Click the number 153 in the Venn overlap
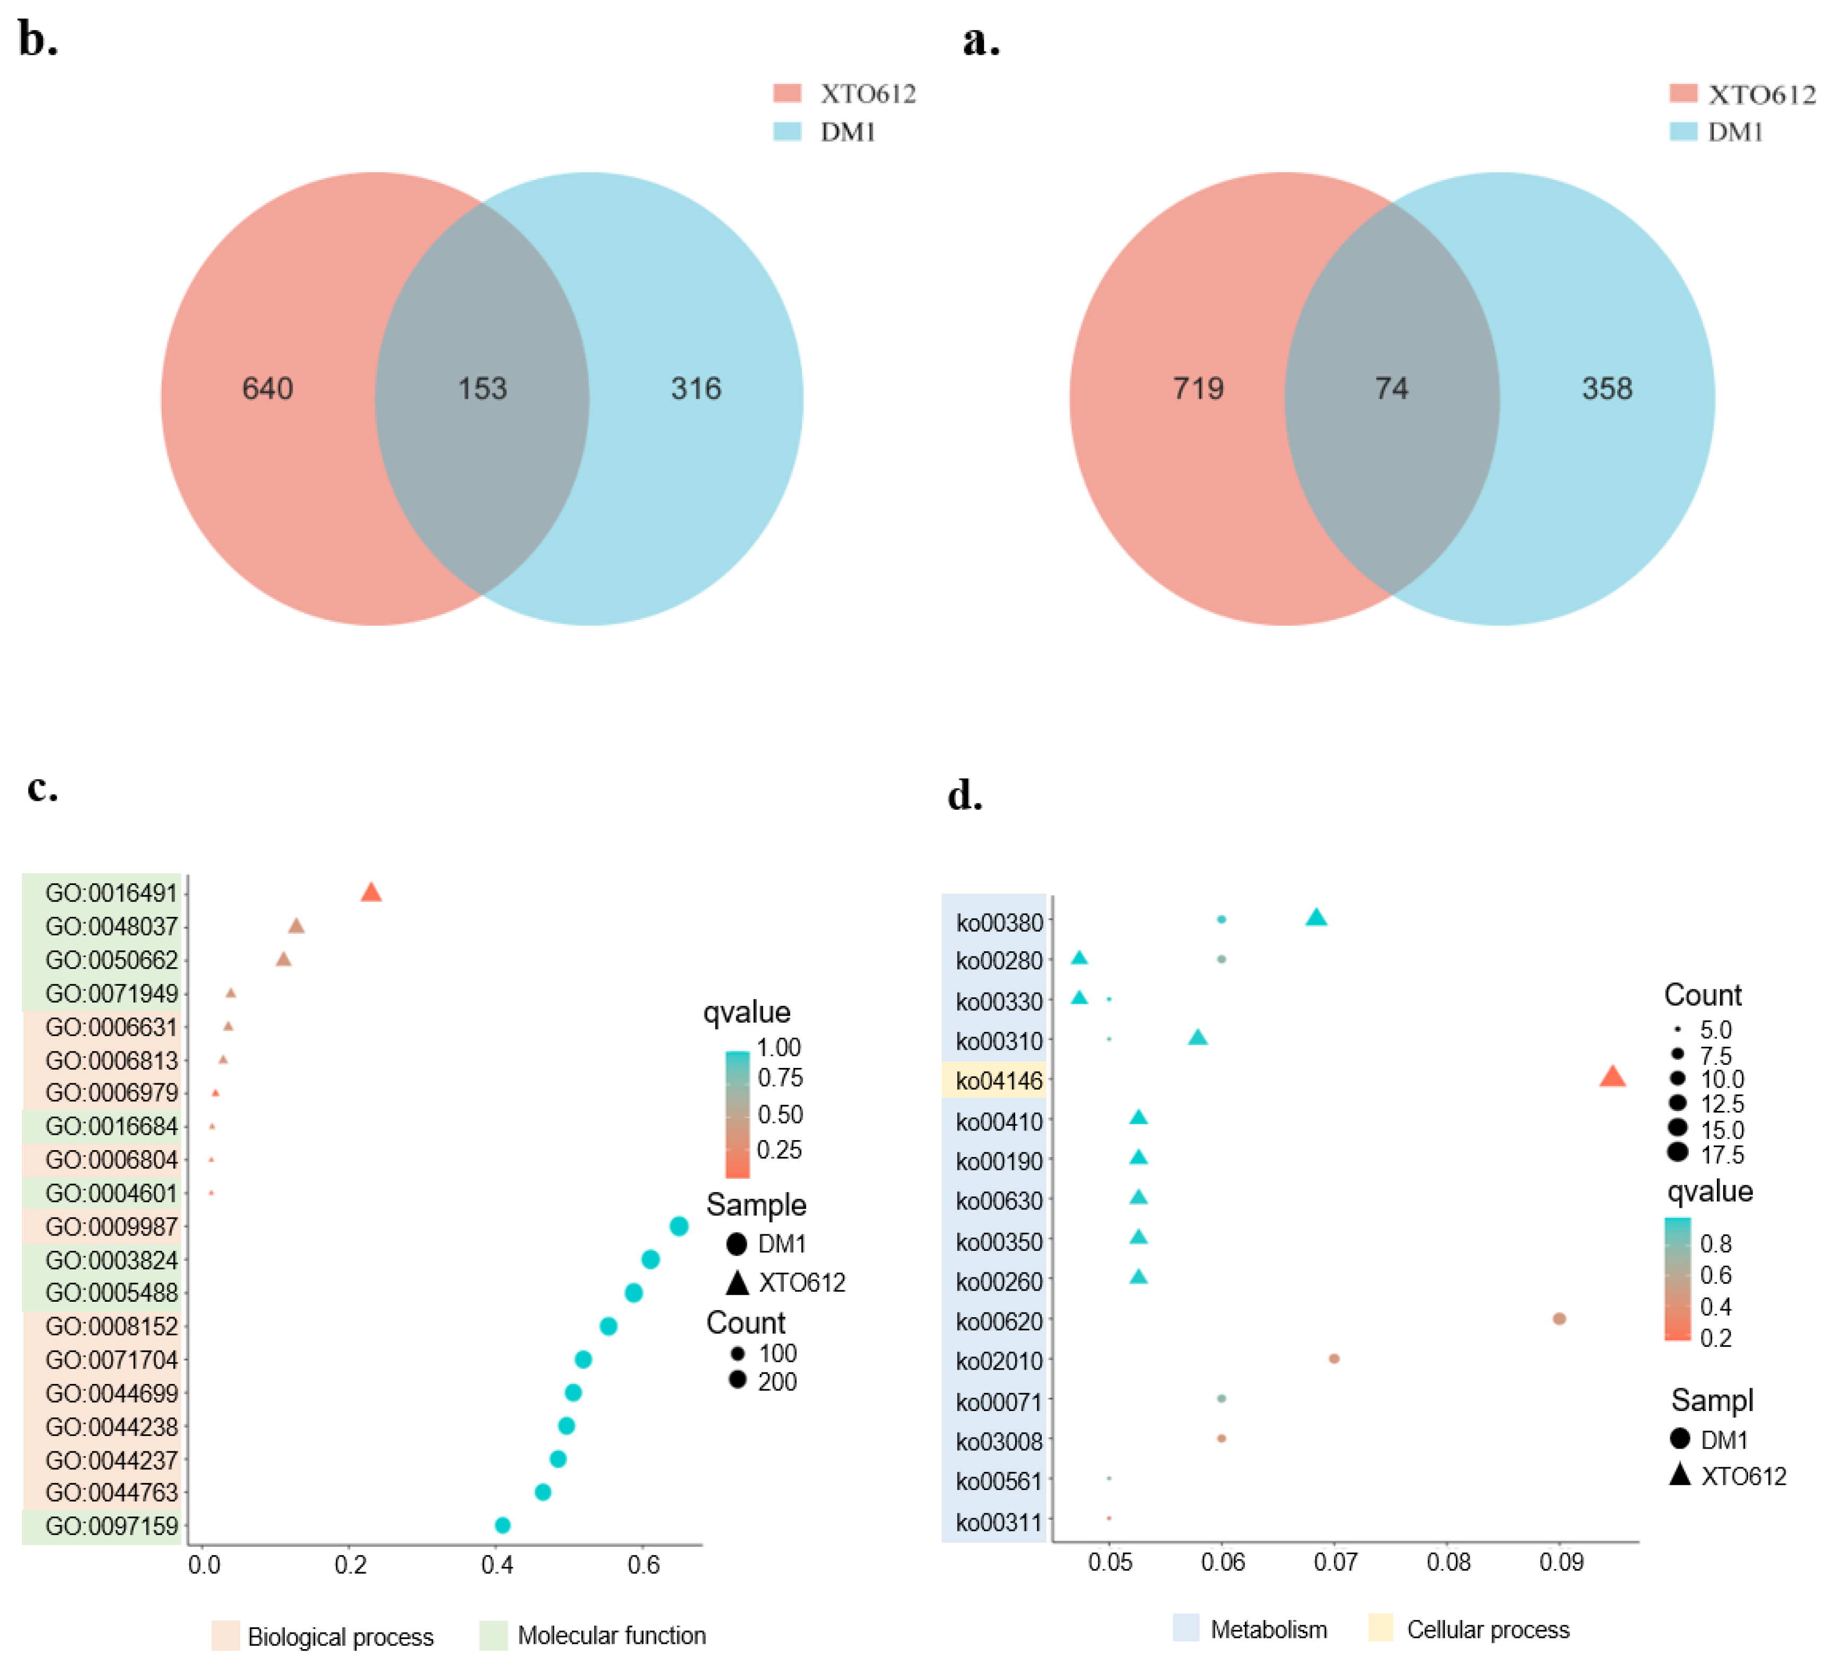pyautogui.click(x=482, y=389)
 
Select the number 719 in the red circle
pyautogui.click(x=1198, y=389)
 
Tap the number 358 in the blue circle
pyautogui.click(x=1607, y=389)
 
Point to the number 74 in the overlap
pyautogui.click(x=1391, y=389)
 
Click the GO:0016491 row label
pyautogui.click(x=111, y=893)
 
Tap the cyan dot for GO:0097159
pyautogui.click(x=502, y=1525)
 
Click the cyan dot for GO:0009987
pyautogui.click(x=679, y=1226)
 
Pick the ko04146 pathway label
pyautogui.click(x=999, y=1081)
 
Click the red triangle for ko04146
pyautogui.click(x=1612, y=1077)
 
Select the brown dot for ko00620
pyautogui.click(x=1559, y=1319)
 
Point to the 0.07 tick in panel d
pyautogui.click(x=1335, y=1562)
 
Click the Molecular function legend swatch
pyautogui.click(x=493, y=1635)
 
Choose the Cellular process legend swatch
pyautogui.click(x=1380, y=1628)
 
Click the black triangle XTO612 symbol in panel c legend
pyautogui.click(x=737, y=1283)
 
